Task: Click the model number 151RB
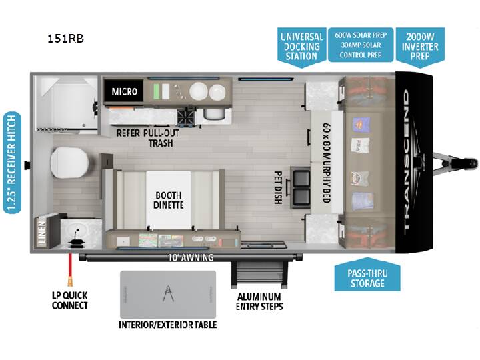click(x=65, y=39)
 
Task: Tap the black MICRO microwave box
click(x=124, y=91)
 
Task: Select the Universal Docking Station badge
click(x=301, y=47)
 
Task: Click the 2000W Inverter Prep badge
click(x=420, y=47)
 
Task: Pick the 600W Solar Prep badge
click(x=361, y=45)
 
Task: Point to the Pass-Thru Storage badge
click(x=367, y=275)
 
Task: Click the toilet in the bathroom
click(x=69, y=163)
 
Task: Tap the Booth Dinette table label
click(x=169, y=200)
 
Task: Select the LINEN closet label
click(x=41, y=232)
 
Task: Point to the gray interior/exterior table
click(x=168, y=295)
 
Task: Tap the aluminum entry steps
click(x=259, y=274)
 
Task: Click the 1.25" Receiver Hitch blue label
click(x=12, y=163)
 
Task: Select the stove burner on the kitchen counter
click(x=186, y=117)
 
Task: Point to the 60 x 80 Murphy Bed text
click(x=327, y=163)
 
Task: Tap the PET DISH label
click(x=278, y=187)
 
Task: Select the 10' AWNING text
click(x=191, y=258)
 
